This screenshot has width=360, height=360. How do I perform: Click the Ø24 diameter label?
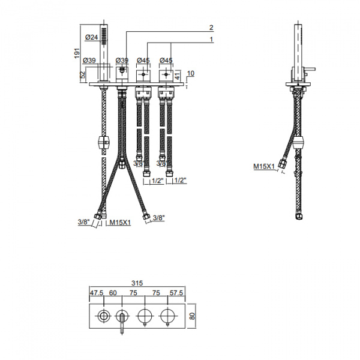point(91,37)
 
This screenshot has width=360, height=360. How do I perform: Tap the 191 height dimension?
point(77,53)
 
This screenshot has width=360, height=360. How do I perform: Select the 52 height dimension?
point(83,74)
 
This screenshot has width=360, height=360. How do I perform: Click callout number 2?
point(211,28)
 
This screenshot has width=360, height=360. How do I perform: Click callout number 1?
point(211,40)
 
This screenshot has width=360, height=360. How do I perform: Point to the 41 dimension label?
point(178,75)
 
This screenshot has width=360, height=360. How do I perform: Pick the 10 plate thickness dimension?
point(191,73)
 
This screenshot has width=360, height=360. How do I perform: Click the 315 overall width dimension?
point(137,283)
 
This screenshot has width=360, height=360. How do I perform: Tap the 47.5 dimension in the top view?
point(97,293)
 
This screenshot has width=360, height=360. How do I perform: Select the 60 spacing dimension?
point(113,293)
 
